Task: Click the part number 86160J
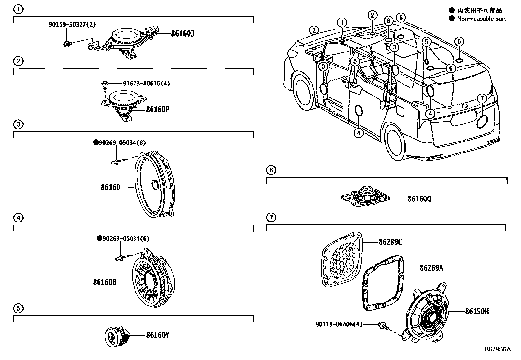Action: click(x=182, y=33)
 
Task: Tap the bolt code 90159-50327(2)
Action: click(x=72, y=24)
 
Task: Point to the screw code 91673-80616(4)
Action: click(x=146, y=83)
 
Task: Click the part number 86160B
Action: click(x=105, y=282)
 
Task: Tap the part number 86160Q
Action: click(x=419, y=199)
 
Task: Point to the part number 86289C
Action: click(x=390, y=242)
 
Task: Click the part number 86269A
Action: click(x=431, y=268)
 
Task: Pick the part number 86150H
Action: click(x=477, y=312)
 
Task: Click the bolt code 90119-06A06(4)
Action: click(x=339, y=324)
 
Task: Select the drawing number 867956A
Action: click(x=497, y=349)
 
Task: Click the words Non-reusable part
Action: click(x=481, y=19)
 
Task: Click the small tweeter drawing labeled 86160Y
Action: click(x=115, y=336)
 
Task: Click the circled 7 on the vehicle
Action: click(x=481, y=98)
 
